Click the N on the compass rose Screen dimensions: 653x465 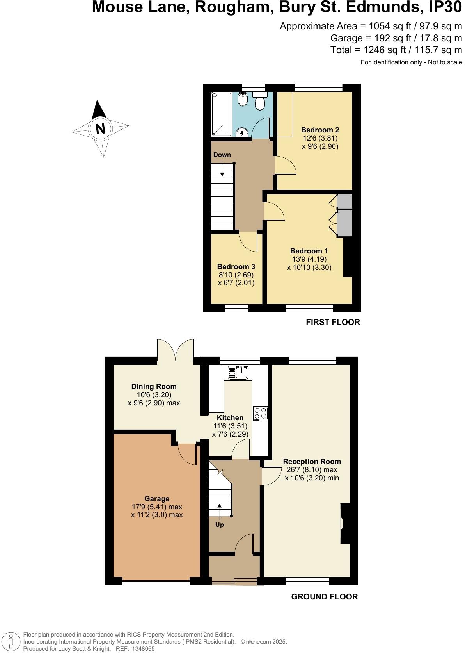coord(101,128)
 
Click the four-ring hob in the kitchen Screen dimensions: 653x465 coord(260,414)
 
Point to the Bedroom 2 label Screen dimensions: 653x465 coord(320,130)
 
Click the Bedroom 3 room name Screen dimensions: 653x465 coord(236,266)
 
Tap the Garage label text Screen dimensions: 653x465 coord(157,498)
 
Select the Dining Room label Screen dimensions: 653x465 coord(154,386)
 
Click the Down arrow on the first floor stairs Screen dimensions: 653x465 coord(222,168)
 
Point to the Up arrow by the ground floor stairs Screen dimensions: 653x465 coord(219,510)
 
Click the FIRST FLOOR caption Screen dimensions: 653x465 coord(333,322)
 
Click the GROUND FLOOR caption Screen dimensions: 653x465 coord(325,596)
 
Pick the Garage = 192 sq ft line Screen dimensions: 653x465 coord(396,38)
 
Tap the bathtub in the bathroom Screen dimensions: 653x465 coord(221,114)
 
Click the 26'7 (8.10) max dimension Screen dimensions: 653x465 coord(312,470)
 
